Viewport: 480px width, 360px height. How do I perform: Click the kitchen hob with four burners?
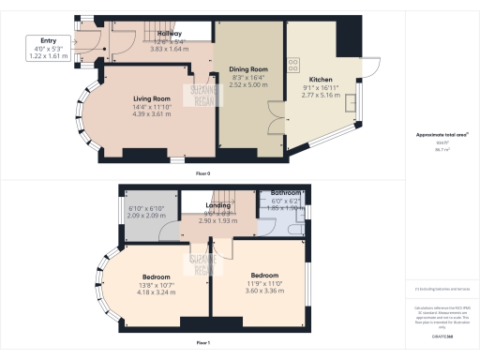(294, 64)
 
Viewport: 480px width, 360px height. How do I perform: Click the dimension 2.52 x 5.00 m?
(249, 84)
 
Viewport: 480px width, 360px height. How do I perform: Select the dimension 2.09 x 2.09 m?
(145, 217)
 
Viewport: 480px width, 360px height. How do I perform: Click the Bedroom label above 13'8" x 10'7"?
(156, 277)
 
